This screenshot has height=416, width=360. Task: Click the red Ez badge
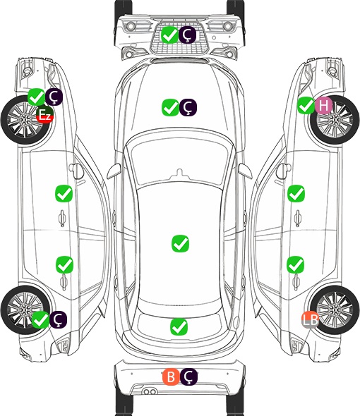coord(45,115)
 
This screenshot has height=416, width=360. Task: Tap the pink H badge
coord(323,106)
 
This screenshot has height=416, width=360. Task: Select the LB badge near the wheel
coord(310,319)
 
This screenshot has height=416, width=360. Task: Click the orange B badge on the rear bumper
coord(171,377)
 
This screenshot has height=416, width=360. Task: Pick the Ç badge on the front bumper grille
coord(187,35)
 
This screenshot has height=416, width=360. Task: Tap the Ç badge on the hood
coord(188,107)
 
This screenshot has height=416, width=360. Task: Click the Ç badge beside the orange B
coord(188,377)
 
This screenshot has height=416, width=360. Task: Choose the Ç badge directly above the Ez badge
coord(54,97)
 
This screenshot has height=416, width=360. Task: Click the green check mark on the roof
coord(181,243)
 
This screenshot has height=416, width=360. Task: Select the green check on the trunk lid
coord(179,326)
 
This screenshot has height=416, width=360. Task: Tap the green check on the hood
coord(170,107)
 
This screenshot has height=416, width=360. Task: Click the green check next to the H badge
coord(306,106)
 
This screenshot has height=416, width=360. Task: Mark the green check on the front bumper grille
coord(169,35)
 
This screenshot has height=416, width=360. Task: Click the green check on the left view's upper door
coord(64,194)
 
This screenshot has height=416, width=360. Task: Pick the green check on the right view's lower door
coord(296,264)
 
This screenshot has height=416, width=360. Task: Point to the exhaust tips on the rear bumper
coord(150,391)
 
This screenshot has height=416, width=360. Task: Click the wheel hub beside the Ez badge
coord(25,120)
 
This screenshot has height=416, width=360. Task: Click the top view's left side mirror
coord(114,171)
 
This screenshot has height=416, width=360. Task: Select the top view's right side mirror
coord(245,171)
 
